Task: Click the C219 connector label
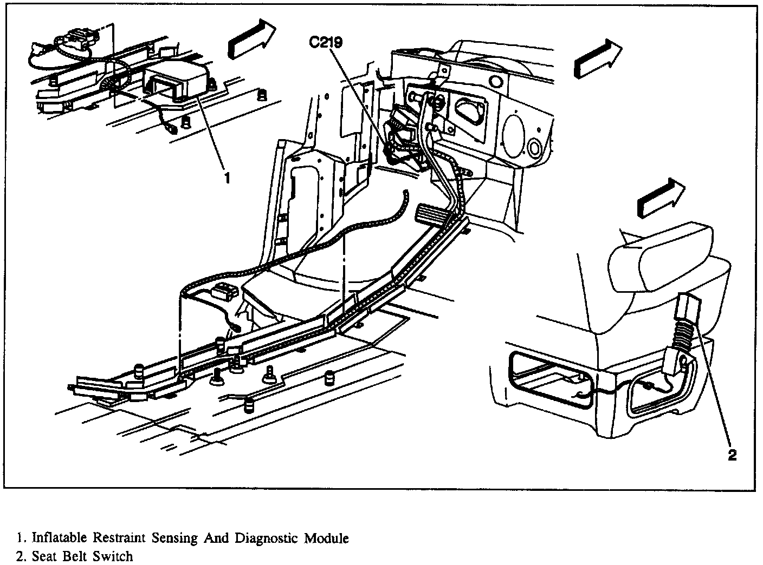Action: [326, 42]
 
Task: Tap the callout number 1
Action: [228, 178]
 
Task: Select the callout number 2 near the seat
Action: [732, 455]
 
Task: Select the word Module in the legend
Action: [326, 538]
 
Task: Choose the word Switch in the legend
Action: [113, 556]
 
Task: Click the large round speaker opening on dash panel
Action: [514, 134]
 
